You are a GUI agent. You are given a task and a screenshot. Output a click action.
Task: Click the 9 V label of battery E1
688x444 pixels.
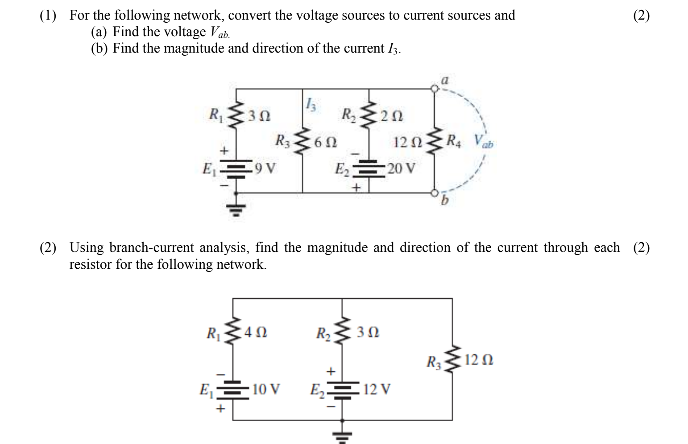[x=265, y=169]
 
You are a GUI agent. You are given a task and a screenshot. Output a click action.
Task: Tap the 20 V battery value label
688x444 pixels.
[x=401, y=169]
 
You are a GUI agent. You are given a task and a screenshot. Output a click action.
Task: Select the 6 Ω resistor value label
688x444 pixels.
[x=325, y=143]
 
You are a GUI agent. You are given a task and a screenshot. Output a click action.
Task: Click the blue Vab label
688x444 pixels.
[x=484, y=142]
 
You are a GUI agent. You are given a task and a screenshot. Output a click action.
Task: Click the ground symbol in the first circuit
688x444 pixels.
[x=236, y=209]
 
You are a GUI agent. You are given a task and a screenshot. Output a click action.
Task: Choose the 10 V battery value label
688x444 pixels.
[x=266, y=390]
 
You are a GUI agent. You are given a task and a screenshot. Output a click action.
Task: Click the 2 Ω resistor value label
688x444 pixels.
[x=391, y=116]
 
